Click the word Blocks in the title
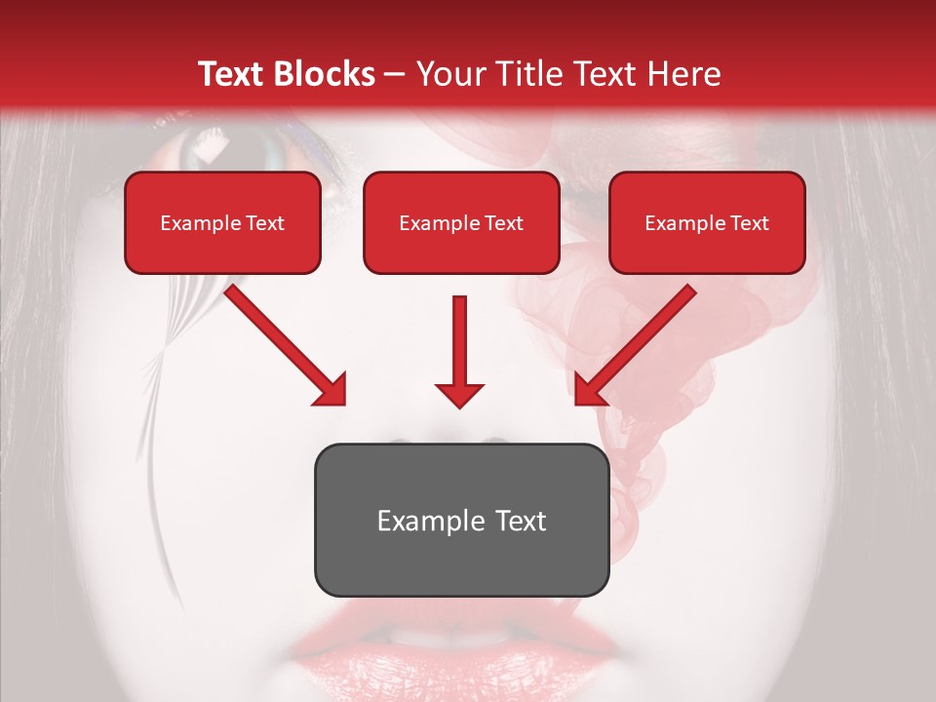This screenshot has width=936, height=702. pyautogui.click(x=326, y=74)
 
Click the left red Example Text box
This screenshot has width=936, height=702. pyautogui.click(x=222, y=222)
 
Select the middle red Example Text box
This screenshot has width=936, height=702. pyautogui.click(x=461, y=222)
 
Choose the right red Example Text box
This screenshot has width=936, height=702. pyautogui.click(x=707, y=222)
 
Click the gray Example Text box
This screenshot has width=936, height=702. pyautogui.click(x=461, y=520)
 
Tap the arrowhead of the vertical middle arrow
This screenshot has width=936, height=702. pyautogui.click(x=459, y=394)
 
